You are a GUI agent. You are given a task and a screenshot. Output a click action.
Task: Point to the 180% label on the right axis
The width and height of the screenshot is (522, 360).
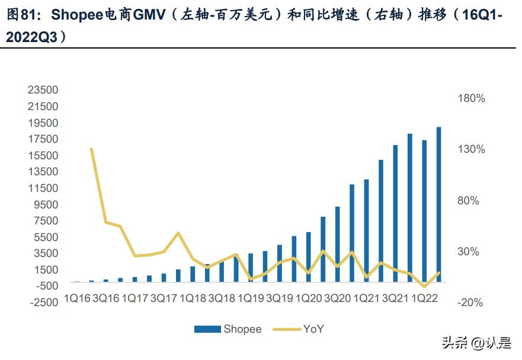coord(472,99)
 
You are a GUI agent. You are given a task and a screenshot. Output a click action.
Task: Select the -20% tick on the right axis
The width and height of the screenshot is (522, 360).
coord(470,303)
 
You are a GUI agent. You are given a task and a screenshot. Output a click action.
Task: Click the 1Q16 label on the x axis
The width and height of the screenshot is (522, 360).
coord(77,298)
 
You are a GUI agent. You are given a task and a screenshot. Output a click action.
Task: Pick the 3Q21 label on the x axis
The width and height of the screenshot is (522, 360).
coord(395,298)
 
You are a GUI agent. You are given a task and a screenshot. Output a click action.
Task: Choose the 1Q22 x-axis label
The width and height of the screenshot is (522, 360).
coord(424,298)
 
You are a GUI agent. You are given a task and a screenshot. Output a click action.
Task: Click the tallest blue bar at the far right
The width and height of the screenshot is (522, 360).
coord(439,204)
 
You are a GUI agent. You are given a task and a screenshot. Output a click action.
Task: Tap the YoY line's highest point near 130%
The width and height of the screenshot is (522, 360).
coord(91,149)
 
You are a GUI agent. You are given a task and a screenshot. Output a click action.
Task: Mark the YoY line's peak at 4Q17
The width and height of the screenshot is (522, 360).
coord(178,233)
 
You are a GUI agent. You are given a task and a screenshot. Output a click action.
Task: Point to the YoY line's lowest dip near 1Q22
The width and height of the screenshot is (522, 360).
coord(424,287)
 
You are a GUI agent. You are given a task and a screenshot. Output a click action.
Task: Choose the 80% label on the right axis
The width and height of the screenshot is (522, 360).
coord(468,201)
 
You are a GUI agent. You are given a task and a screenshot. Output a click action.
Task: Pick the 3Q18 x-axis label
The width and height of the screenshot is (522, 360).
coord(222,298)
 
